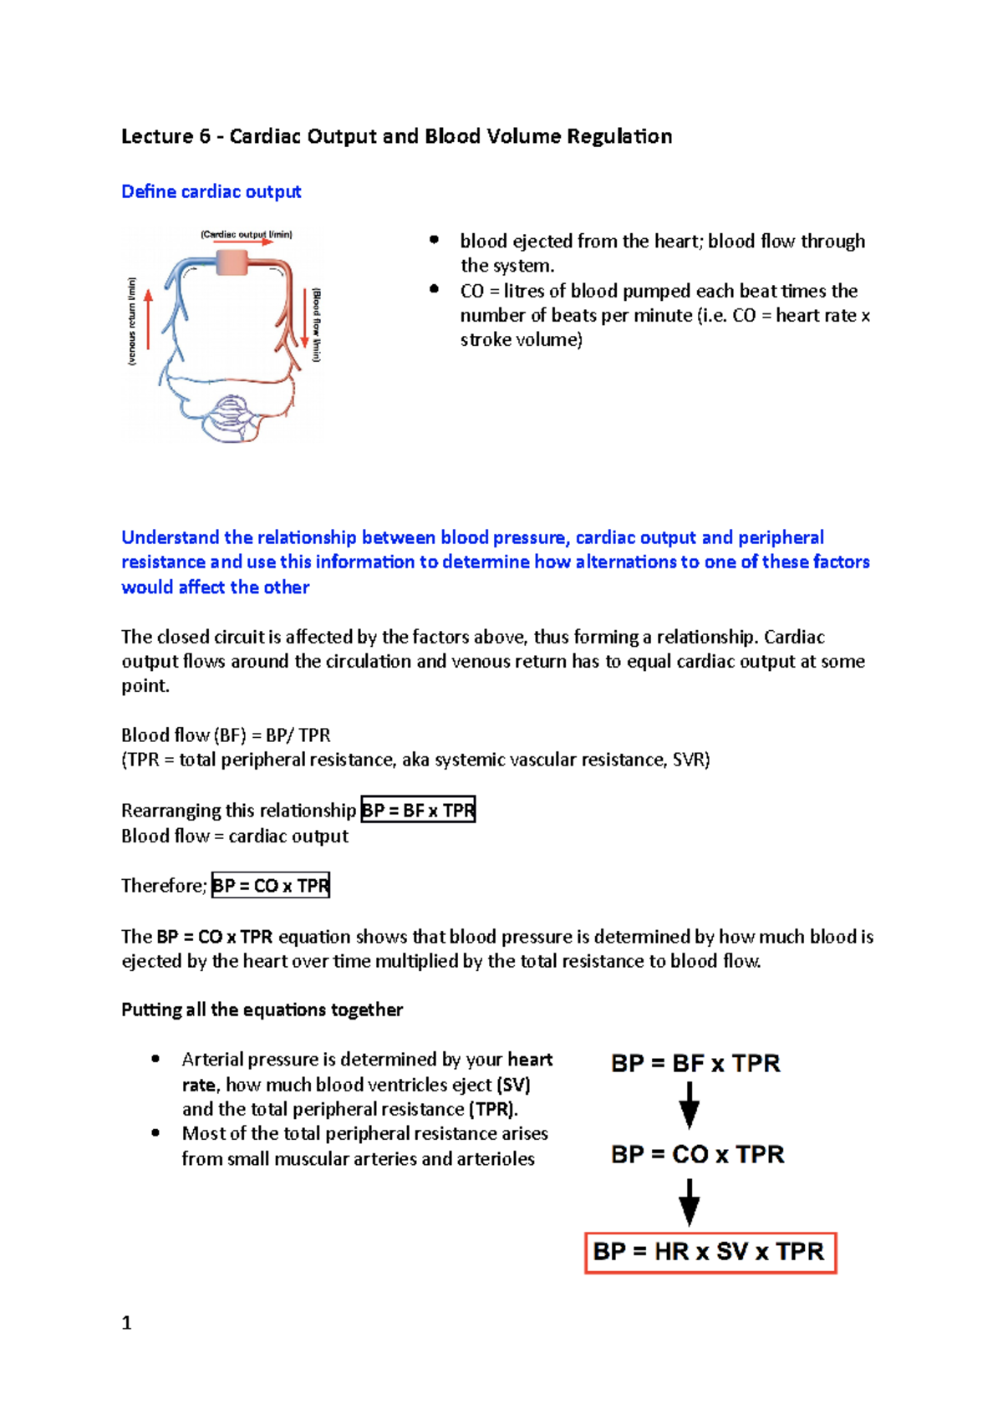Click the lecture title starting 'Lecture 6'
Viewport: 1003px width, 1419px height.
pos(396,136)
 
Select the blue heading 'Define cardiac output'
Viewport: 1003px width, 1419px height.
pos(211,191)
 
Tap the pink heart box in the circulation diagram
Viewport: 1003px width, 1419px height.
pos(232,262)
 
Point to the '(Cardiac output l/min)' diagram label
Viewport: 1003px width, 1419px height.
pos(246,235)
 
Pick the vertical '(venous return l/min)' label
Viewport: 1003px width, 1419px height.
pos(131,322)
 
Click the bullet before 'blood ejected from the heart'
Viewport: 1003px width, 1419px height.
pos(434,241)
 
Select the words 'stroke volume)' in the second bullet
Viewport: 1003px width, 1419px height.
pos(521,339)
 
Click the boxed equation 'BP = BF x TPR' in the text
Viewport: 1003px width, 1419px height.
pos(418,810)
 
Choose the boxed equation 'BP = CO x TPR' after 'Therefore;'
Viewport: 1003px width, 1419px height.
pos(271,885)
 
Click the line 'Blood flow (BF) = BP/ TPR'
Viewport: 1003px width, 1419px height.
pos(226,735)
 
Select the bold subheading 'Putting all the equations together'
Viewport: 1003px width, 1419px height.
pos(262,1010)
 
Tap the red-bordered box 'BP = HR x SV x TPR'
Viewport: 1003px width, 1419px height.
pos(710,1252)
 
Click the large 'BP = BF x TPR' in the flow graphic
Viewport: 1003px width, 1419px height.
pos(695,1064)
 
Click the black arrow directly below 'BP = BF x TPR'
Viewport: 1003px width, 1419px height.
pos(689,1105)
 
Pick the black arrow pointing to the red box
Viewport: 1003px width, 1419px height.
pos(689,1202)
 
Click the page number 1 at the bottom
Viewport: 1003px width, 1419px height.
pos(126,1323)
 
